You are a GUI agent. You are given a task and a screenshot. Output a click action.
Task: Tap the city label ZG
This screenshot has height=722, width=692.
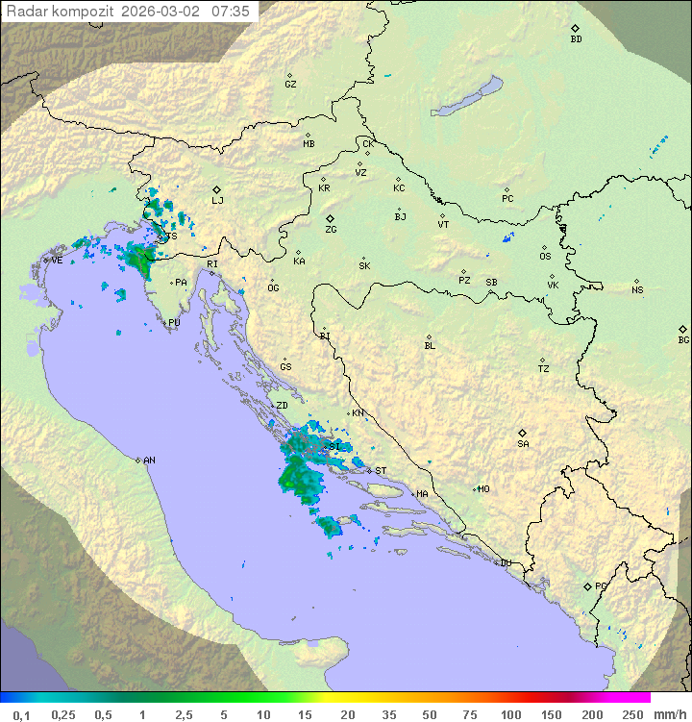331,230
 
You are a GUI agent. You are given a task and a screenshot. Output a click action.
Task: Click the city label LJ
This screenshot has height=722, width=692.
217,200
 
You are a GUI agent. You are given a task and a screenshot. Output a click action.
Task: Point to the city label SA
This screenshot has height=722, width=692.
523,443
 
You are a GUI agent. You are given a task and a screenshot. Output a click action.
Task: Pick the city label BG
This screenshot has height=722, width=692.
683,339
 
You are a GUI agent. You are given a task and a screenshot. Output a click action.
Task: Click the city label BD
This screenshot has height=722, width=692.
576,39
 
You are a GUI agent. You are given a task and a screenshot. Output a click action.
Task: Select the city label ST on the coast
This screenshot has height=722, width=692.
381,471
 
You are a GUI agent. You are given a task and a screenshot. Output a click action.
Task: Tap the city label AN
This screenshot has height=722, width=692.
149,461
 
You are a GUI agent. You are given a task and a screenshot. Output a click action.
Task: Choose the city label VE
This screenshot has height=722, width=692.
57,261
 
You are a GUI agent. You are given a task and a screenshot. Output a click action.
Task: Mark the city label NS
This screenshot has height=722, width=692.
637,290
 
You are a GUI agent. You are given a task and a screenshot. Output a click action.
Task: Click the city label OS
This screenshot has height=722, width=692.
545,257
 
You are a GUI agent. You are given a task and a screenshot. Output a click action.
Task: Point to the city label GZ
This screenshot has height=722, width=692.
290,84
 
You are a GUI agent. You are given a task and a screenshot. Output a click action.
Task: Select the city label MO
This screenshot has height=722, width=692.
483,489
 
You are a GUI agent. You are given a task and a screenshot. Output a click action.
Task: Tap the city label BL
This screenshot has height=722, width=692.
430,346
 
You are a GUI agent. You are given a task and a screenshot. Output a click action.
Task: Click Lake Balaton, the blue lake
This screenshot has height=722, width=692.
468,97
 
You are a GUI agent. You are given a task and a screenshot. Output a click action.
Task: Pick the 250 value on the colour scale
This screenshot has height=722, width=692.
631,714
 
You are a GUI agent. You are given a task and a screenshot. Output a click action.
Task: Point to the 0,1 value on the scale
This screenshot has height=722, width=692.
21,714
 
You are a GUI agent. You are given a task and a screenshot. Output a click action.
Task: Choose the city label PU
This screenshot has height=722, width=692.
174,323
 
